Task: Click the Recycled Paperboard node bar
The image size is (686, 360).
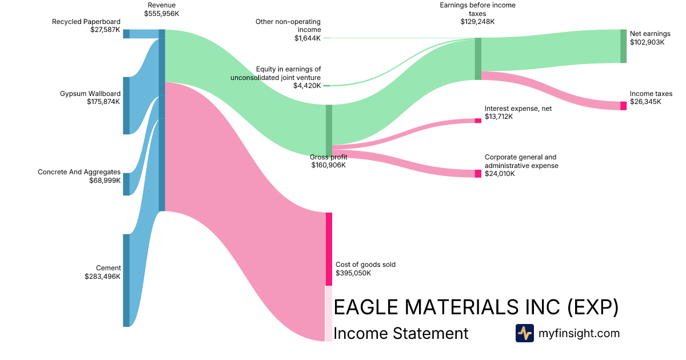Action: point(126,34)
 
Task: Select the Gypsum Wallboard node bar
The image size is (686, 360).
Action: point(126,106)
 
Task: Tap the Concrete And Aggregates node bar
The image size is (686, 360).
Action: point(126,184)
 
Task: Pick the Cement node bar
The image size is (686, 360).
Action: point(126,280)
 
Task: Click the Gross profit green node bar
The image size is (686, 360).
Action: point(329,130)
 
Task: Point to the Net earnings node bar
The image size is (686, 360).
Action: point(623,46)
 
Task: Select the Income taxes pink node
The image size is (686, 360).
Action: point(623,106)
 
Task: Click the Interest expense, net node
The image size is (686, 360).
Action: point(478,121)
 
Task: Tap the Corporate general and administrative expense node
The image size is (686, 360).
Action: point(478,174)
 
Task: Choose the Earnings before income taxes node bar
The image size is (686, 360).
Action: point(478,59)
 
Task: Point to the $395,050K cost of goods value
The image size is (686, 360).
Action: point(353,273)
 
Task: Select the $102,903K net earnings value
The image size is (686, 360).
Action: point(647,42)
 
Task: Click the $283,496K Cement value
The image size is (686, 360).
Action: point(102,276)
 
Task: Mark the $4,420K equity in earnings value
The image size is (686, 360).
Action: point(308,86)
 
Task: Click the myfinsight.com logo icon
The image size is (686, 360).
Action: point(524,333)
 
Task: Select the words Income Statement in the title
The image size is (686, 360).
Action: point(400,333)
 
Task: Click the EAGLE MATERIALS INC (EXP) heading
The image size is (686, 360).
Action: point(476,307)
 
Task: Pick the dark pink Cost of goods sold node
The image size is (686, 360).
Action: point(329,249)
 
